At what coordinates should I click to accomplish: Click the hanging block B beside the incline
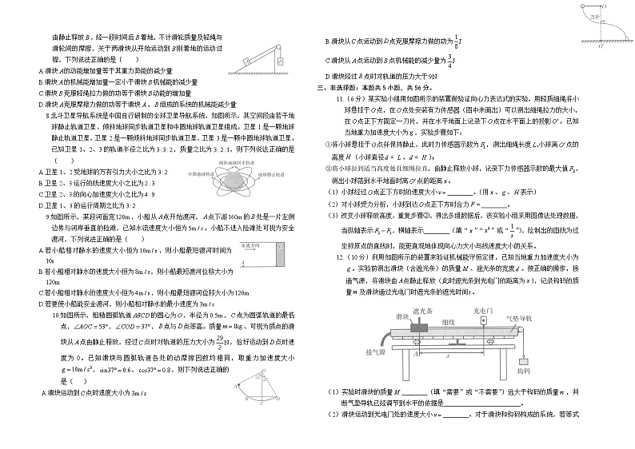(281, 60)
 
